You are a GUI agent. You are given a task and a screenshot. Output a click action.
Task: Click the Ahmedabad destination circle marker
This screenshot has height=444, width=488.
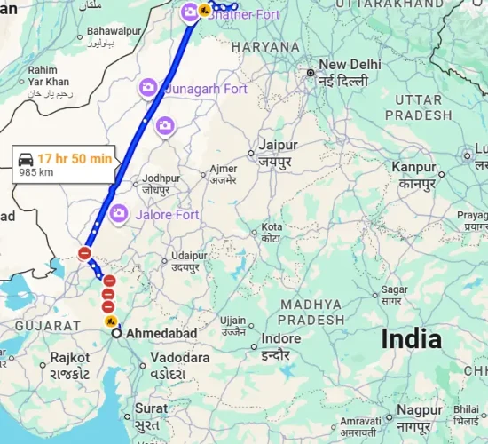(116, 334)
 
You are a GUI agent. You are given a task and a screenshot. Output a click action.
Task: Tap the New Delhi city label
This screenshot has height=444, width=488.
(350, 65)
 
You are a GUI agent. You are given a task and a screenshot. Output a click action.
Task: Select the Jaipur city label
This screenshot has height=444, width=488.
(278, 144)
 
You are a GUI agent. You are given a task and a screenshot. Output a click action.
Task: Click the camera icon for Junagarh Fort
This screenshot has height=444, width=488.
(148, 87)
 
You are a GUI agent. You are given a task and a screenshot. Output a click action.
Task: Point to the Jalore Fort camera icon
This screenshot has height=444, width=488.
(119, 213)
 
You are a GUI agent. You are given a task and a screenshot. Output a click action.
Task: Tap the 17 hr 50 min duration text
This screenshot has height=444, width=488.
(75, 158)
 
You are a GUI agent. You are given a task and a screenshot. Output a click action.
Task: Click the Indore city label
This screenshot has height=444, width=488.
(281, 338)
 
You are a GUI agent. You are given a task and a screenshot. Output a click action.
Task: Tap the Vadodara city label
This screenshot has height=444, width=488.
(179, 357)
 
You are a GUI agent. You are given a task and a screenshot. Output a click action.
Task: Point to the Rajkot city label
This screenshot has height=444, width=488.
(70, 357)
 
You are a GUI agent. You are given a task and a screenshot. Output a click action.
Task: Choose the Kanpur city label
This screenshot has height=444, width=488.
(414, 167)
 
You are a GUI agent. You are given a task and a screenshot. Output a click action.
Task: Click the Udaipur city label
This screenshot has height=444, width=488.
(189, 255)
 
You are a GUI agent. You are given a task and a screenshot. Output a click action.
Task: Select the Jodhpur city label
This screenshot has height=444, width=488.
(161, 178)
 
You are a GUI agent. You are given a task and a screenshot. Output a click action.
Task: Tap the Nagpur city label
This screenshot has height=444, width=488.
(421, 410)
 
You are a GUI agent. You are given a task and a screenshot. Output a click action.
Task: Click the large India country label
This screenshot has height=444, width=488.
(411, 338)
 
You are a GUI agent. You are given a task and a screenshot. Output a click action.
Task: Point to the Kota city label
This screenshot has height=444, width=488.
(272, 228)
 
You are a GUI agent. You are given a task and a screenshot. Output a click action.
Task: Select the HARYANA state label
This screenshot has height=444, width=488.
(266, 46)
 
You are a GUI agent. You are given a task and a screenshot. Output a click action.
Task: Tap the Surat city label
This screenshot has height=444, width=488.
(151, 409)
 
